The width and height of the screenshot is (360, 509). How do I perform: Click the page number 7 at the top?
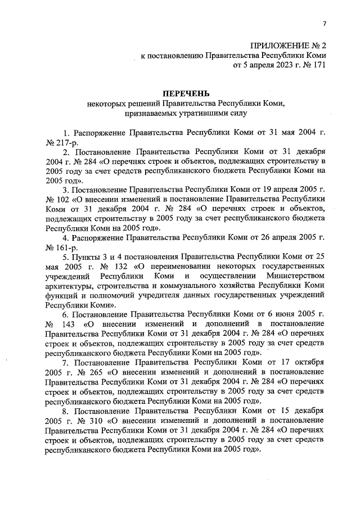click(325, 23)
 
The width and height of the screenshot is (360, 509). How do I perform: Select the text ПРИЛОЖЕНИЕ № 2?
click(288, 45)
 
